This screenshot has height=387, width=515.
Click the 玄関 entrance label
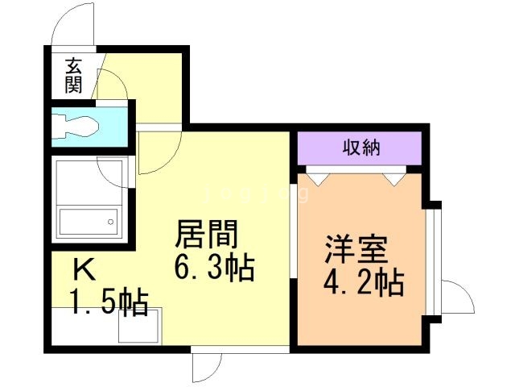(73, 75)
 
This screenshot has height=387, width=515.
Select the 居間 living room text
(207, 234)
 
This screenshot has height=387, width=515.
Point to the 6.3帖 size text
(214, 267)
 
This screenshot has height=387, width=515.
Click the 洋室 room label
(356, 249)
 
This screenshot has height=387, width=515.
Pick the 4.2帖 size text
(364, 282)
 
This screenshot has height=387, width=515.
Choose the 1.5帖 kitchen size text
(109, 302)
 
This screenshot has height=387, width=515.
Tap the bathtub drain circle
(111, 222)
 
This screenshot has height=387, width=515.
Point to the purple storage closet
(360, 148)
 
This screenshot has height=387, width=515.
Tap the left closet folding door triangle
(318, 179)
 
